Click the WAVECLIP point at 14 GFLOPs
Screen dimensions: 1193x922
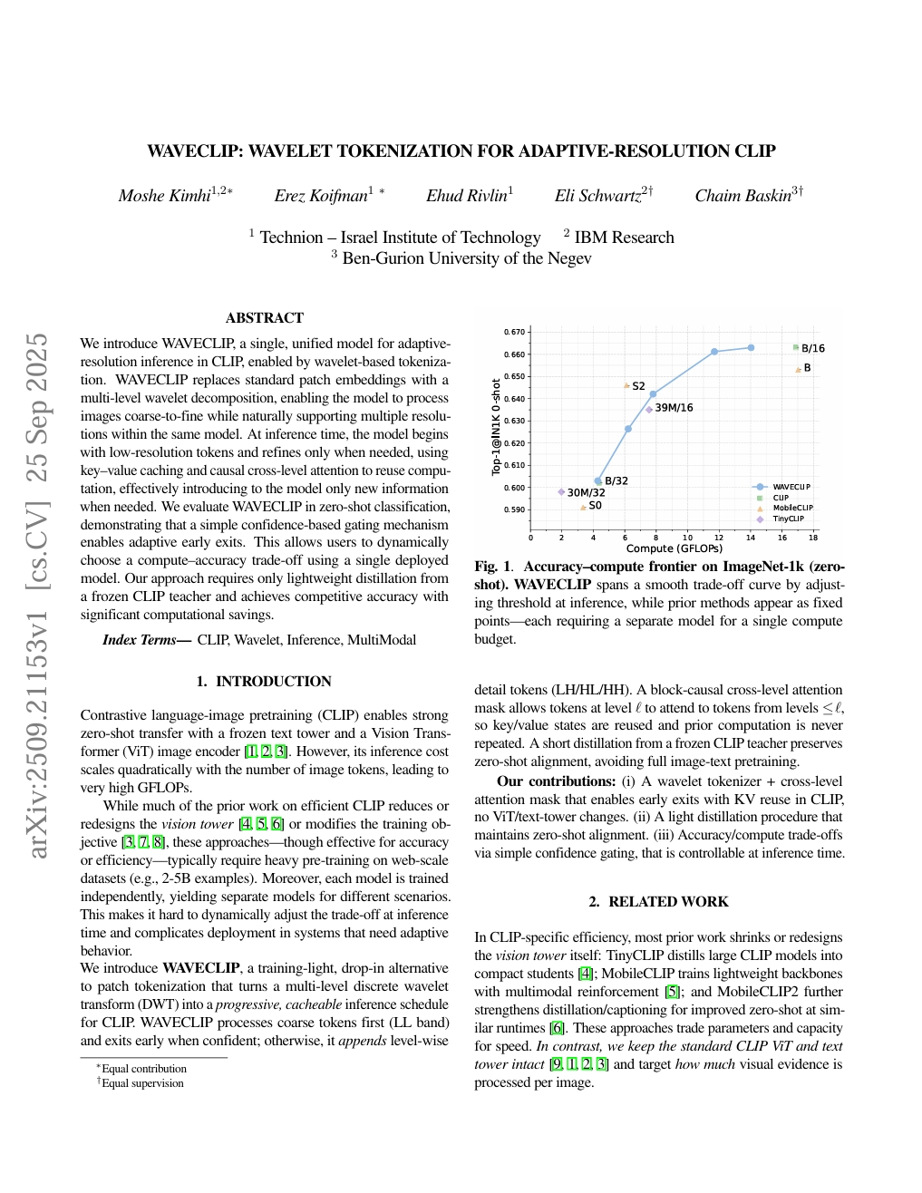(x=751, y=347)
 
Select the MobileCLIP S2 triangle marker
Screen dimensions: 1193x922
(x=626, y=385)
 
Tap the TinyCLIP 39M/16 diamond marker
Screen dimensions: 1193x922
(x=649, y=409)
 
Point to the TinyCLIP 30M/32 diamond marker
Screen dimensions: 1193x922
(x=561, y=491)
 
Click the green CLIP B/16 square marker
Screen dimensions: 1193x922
(x=796, y=347)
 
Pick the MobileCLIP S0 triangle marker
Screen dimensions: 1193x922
(x=583, y=507)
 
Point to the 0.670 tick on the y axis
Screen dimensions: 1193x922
(x=514, y=333)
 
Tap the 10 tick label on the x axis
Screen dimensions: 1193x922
(x=687, y=537)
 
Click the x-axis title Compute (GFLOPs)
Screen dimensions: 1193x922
(x=674, y=548)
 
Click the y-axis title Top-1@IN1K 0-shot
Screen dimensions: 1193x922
(x=496, y=427)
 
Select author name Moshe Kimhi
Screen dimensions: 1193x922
(x=164, y=196)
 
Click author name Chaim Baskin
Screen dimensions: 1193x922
(x=742, y=196)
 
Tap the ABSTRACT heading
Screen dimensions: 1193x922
(x=264, y=318)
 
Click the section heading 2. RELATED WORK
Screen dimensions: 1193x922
(x=658, y=902)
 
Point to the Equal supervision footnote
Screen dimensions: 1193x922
(x=142, y=1083)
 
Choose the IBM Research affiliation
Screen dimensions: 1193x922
(x=624, y=238)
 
